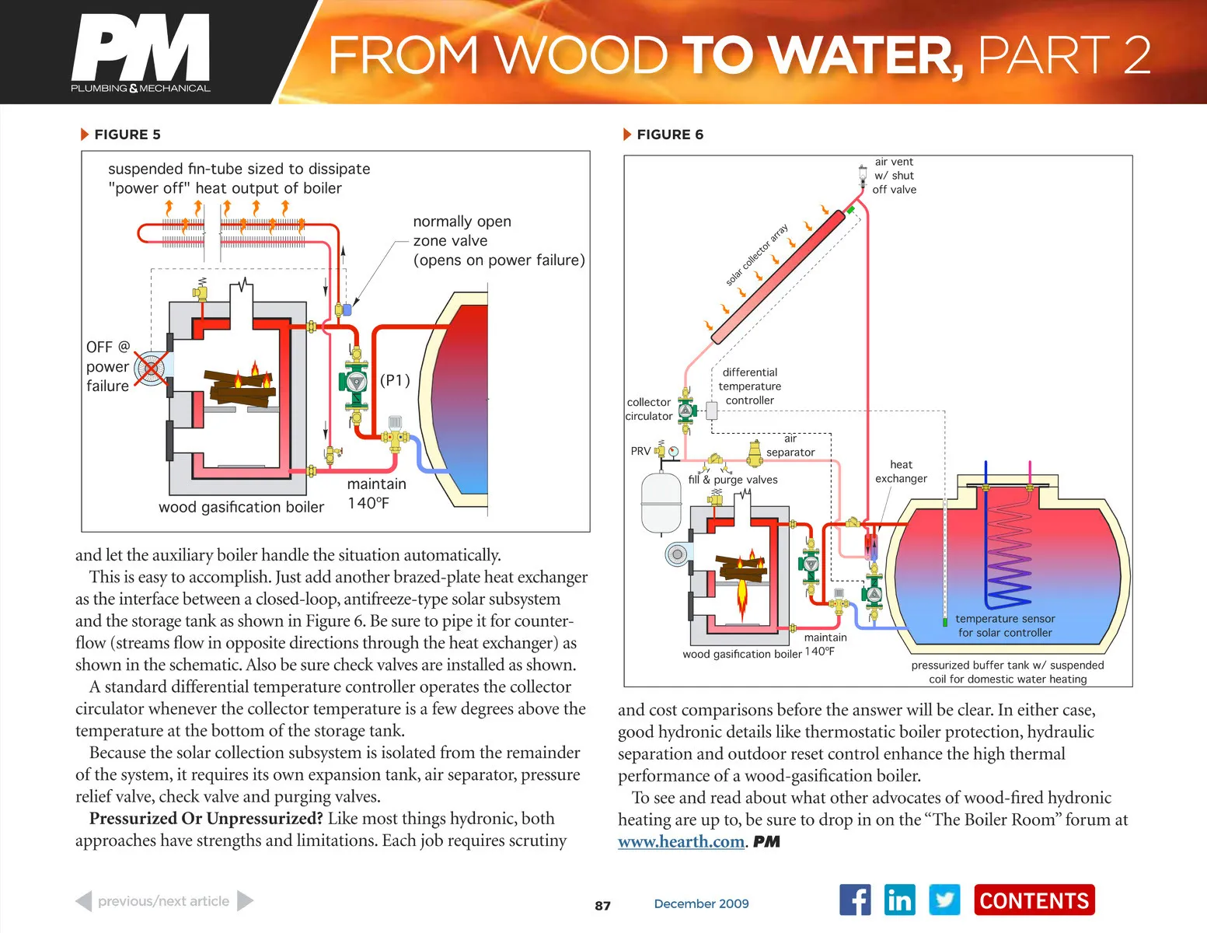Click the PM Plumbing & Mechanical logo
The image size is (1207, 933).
(x=141, y=54)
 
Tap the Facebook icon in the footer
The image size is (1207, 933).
(x=855, y=900)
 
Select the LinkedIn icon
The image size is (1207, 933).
(x=899, y=900)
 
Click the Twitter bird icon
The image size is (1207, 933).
(x=944, y=900)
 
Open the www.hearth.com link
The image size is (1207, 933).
(x=681, y=841)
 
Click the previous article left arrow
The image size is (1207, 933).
(x=84, y=901)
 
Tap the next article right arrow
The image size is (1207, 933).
(x=245, y=901)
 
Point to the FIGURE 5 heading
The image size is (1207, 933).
(x=127, y=135)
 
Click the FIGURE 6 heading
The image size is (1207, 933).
(x=669, y=135)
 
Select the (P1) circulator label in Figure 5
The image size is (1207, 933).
(x=395, y=380)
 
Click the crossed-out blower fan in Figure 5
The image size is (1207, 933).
(x=151, y=369)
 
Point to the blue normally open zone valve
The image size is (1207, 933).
(x=347, y=309)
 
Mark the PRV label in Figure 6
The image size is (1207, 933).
(x=640, y=451)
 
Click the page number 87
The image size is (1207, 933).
(x=602, y=906)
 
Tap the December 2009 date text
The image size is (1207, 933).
(x=701, y=903)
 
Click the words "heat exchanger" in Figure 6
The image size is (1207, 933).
(x=901, y=471)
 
